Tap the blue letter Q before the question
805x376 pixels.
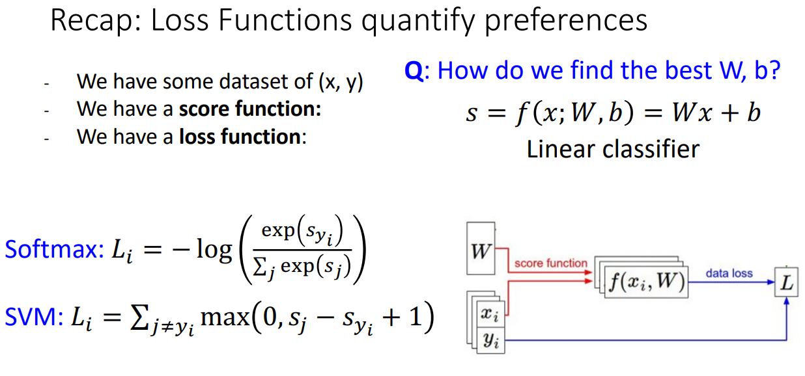414,70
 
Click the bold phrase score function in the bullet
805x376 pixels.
250,109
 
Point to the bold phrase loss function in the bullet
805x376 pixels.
241,137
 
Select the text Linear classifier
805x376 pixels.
613,149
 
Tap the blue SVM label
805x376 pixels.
32,317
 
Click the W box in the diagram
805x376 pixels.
481,250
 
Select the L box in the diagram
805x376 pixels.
787,284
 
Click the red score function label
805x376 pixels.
550,263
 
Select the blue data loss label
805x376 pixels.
729,273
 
